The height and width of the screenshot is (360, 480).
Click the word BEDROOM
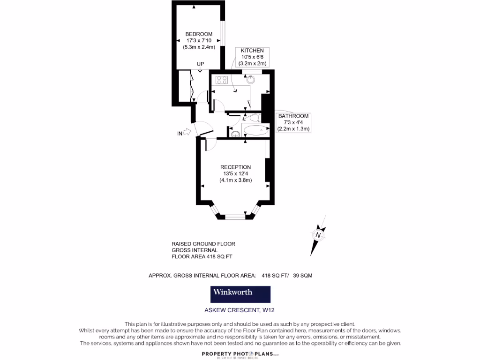coord(199,34)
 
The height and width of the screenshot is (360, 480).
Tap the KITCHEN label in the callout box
coord(252,51)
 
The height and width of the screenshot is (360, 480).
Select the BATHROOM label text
coord(293,116)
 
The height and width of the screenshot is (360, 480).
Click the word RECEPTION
coord(236,167)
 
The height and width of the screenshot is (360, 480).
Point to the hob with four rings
coord(222,80)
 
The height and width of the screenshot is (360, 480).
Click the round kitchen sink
coord(251,79)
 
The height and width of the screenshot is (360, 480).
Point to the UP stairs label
coord(200,64)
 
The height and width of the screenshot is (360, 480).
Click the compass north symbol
coord(318,235)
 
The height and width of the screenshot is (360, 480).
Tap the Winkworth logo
coord(240,294)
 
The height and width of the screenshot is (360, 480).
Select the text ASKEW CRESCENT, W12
coord(240,310)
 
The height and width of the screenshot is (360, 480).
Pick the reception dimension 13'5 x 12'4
coord(236,174)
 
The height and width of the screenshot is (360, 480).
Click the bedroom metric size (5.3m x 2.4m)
coord(199,47)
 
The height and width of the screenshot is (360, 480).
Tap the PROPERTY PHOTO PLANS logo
coord(240,354)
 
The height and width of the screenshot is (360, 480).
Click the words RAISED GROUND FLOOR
coord(203,244)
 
